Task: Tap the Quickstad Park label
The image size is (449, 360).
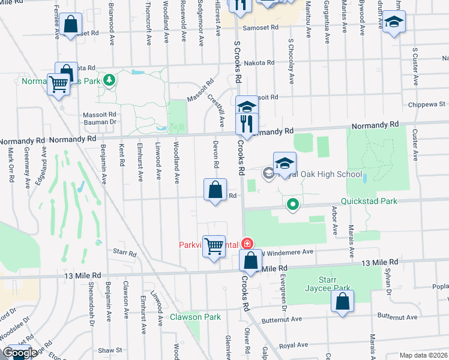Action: point(369,201)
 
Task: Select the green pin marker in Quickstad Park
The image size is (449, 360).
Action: point(293,205)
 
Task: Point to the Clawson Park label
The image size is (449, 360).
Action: point(195,317)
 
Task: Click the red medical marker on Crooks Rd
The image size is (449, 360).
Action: point(247,244)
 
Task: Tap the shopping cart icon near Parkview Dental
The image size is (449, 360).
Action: point(214,246)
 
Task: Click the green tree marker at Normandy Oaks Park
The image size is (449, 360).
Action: point(109,80)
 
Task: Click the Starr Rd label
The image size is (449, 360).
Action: point(125,253)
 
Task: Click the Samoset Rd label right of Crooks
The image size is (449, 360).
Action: point(261,28)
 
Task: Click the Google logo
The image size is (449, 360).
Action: point(20,353)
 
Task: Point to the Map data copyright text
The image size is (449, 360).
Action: point(423,355)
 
